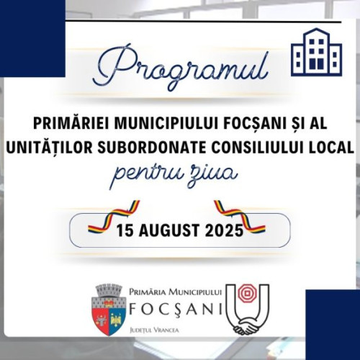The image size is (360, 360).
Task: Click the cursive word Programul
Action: (x=180, y=66)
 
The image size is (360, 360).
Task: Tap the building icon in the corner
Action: (x=315, y=52)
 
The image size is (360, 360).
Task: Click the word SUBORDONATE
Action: (x=145, y=147)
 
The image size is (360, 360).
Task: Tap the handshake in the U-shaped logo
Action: (x=248, y=325)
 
